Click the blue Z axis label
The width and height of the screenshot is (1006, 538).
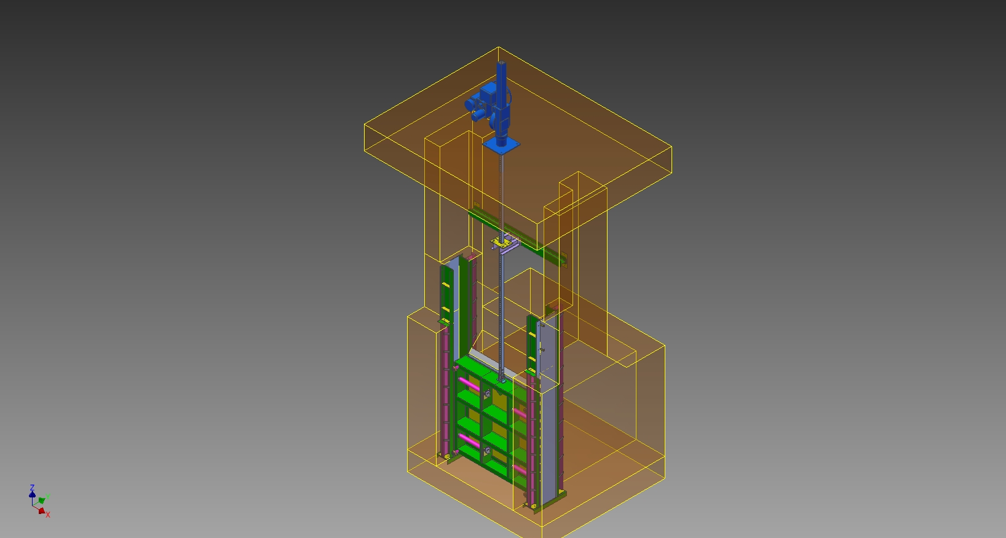[x=32, y=487]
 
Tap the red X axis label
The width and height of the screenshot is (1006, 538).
[x=47, y=515]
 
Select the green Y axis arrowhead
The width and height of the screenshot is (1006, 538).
[x=42, y=500]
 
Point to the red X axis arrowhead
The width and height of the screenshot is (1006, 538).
[x=41, y=511]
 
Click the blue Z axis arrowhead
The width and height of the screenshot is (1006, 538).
[x=32, y=494]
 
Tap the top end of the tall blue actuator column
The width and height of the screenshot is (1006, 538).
[x=502, y=63]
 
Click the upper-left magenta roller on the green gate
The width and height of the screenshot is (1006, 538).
[x=469, y=384]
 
